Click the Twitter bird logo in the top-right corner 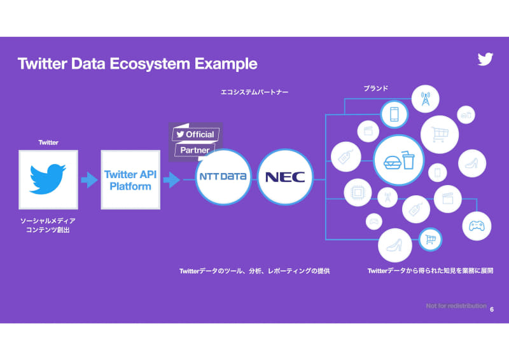pos(485,59)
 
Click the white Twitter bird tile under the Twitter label pos(48,179)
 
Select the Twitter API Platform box pos(130,180)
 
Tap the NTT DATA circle pos(223,177)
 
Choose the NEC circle pos(285,177)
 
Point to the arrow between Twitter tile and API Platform pos(89,180)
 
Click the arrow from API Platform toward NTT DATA pos(171,180)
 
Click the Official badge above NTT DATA pos(196,134)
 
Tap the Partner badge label pos(195,151)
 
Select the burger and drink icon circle pos(399,162)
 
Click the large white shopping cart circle pos(440,133)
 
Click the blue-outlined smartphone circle pos(394,114)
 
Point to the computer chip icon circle pos(358,193)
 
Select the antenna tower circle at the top pos(424,99)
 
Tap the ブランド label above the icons pos(375,88)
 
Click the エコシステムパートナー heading pos(254,92)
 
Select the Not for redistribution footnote pos(456,306)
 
